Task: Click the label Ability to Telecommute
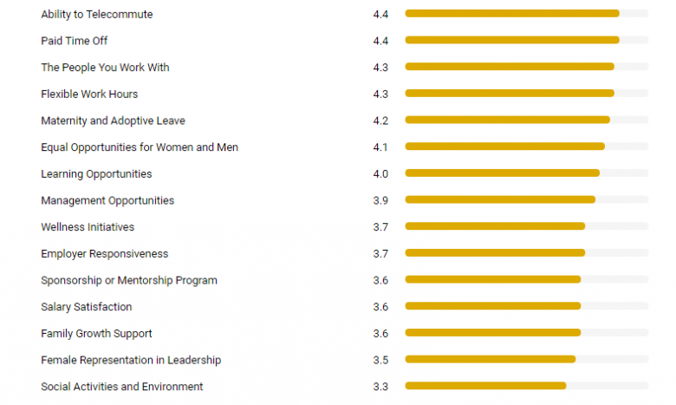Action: [96, 14]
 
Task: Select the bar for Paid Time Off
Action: [512, 40]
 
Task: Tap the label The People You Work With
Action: [105, 67]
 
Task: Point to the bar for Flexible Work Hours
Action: [510, 94]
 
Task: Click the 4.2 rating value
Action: [380, 121]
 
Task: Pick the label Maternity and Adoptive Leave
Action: [113, 121]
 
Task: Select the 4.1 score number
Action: [380, 147]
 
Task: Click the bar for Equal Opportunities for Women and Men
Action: [504, 147]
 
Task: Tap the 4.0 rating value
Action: [380, 174]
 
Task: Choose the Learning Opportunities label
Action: [96, 174]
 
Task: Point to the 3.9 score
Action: [380, 200]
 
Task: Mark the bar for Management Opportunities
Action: [500, 200]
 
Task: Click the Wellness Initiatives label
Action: [88, 227]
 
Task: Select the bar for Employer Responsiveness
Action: [495, 253]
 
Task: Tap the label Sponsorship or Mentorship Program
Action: [129, 280]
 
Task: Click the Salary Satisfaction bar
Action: [492, 306]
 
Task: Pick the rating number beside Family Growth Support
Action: [380, 334]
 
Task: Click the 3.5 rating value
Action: [380, 360]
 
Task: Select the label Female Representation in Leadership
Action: [131, 360]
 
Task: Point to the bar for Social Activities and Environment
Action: [485, 386]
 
